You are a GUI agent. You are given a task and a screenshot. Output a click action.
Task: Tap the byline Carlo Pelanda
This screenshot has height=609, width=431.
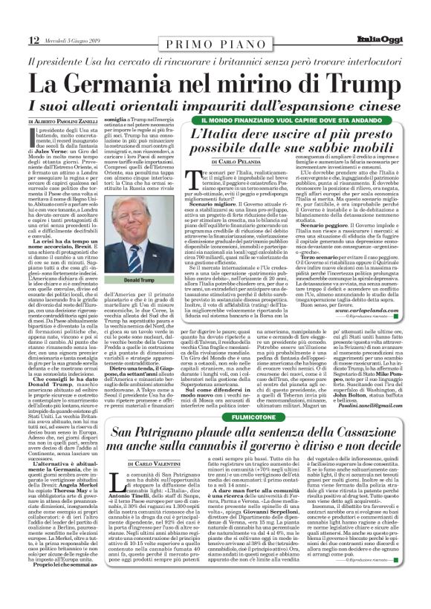click(255, 160)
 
